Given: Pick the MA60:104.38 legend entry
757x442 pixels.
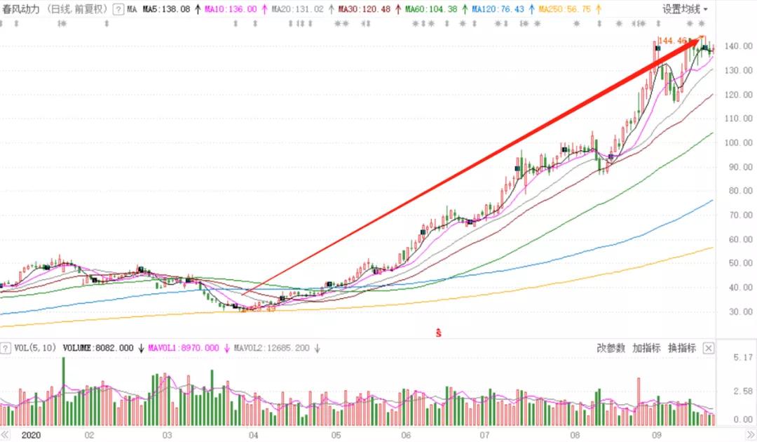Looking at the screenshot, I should pos(431,10).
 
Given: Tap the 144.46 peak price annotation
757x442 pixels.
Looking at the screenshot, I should pos(672,41).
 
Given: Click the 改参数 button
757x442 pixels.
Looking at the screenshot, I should pos(611,348).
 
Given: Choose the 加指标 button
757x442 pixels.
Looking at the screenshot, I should pos(646,348).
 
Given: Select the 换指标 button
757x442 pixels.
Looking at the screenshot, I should pos(682,348).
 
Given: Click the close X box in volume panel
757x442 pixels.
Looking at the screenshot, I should pos(709,348).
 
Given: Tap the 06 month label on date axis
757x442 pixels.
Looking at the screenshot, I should pos(407,435).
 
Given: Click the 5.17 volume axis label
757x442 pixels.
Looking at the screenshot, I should pos(742,358).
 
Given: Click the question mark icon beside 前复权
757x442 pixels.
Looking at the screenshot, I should pos(118,10).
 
